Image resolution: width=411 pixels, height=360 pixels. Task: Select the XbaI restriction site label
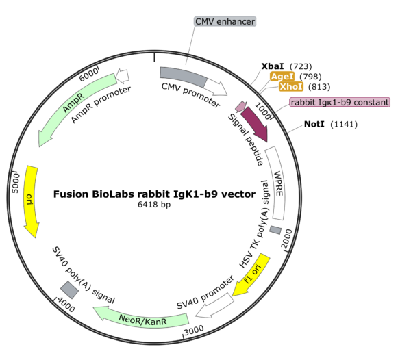point(273,66)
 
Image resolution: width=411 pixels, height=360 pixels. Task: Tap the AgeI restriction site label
point(283,77)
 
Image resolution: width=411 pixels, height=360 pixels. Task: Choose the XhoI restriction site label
point(291,87)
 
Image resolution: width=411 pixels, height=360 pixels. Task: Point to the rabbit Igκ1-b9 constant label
point(340,102)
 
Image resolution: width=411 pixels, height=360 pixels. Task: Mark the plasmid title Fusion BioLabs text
point(154,194)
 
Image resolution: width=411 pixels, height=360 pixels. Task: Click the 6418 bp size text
point(154,205)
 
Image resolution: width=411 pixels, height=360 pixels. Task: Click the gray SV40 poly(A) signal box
point(69,290)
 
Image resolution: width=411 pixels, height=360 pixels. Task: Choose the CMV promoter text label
point(190,95)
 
